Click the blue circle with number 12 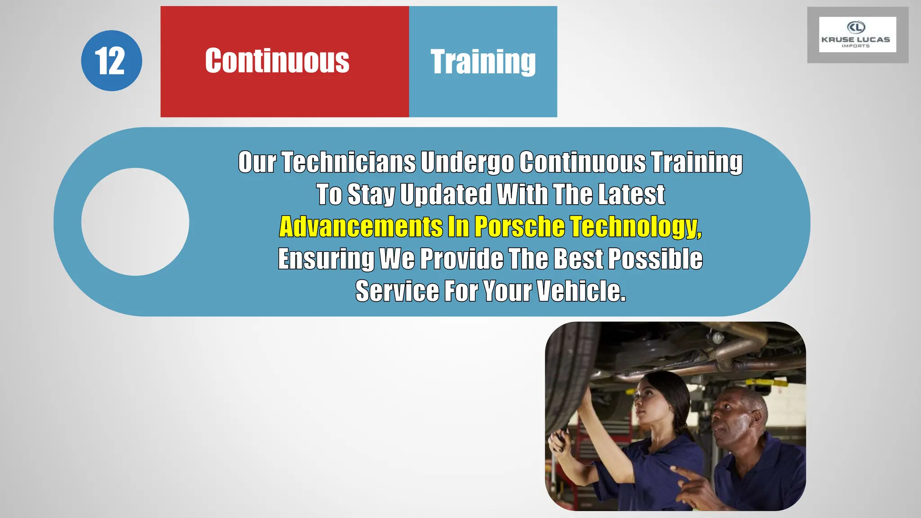pos(111,61)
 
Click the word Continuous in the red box pos(277,61)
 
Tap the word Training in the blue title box pos(483,62)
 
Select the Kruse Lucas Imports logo pos(857,35)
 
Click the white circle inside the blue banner pos(135,222)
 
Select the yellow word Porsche pos(519,226)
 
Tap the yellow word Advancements pos(361,226)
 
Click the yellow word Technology pos(635,226)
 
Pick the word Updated pos(446,194)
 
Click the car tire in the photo pos(568,382)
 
